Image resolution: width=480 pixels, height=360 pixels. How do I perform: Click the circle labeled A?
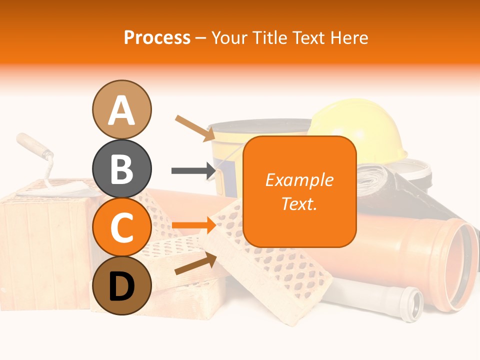(x=121, y=109)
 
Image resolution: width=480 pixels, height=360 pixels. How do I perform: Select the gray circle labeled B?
(x=121, y=168)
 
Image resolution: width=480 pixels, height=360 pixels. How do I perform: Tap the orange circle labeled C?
(x=121, y=227)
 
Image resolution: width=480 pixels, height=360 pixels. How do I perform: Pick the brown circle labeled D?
(x=121, y=285)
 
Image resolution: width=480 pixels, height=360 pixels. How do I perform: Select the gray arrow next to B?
(x=193, y=171)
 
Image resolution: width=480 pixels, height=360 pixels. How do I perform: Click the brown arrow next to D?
(x=195, y=264)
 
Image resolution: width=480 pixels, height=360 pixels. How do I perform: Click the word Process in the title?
(x=157, y=38)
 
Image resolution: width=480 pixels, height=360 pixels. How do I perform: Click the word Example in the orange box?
(x=299, y=180)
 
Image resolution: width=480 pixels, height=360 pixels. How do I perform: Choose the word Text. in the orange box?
(x=299, y=203)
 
